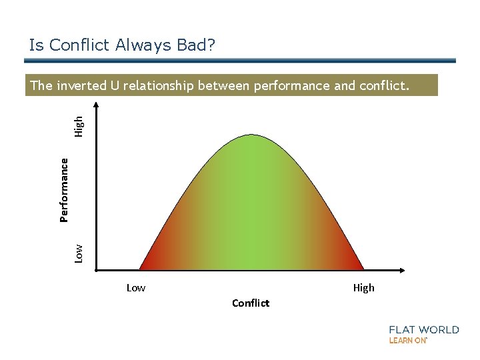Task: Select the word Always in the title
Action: click(139, 45)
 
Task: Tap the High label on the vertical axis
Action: click(79, 126)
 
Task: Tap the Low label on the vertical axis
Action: click(79, 253)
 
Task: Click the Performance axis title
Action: click(64, 189)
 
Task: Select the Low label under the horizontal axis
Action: click(136, 288)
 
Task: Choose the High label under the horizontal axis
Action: click(363, 288)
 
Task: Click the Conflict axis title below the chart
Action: click(251, 303)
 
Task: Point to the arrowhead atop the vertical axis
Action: click(97, 105)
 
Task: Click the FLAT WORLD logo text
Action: click(424, 329)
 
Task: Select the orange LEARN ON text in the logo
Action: click(407, 341)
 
